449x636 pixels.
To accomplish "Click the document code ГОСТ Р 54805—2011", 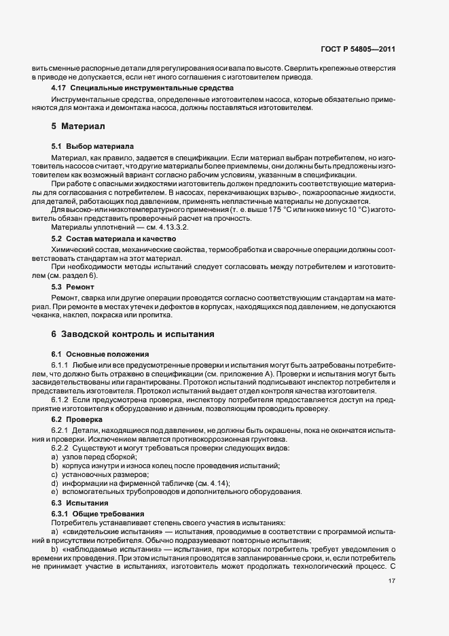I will click(357, 50).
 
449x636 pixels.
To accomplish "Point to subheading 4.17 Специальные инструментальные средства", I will click(143, 88).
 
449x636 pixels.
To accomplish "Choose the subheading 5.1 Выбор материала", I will click(92, 146).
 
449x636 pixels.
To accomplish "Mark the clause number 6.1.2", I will click(61, 400).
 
